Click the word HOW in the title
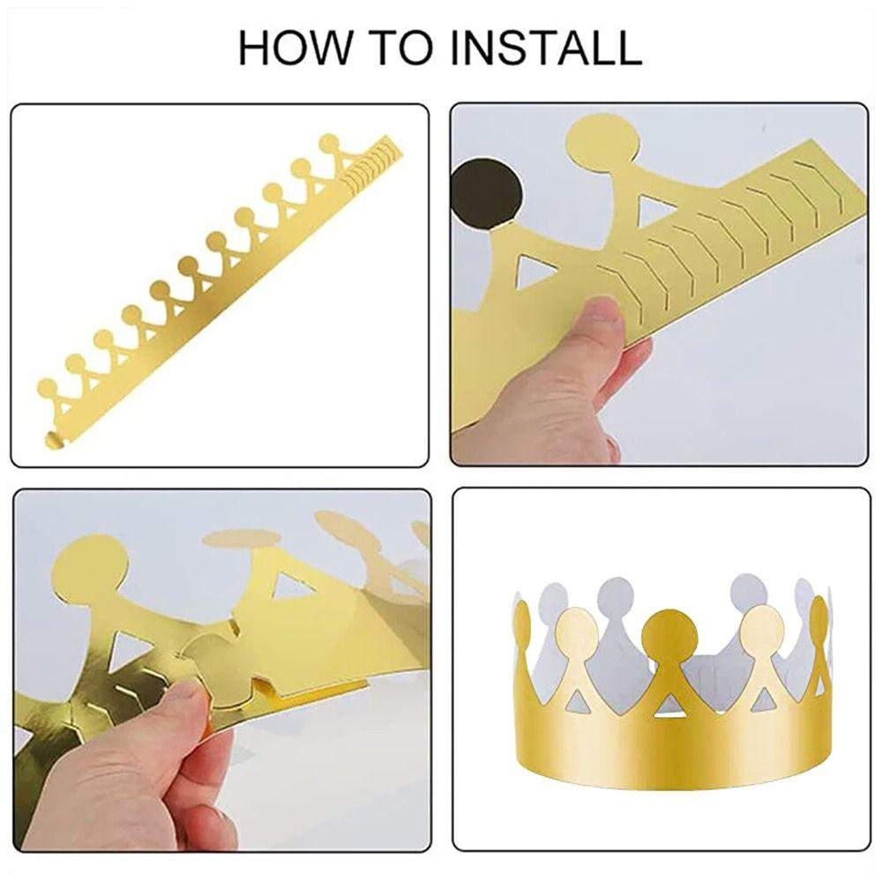point(294,49)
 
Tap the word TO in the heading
point(400,49)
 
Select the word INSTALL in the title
point(546,49)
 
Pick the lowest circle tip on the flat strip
point(48,388)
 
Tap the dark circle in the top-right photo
point(487,194)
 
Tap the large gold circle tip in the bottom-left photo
point(91,568)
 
